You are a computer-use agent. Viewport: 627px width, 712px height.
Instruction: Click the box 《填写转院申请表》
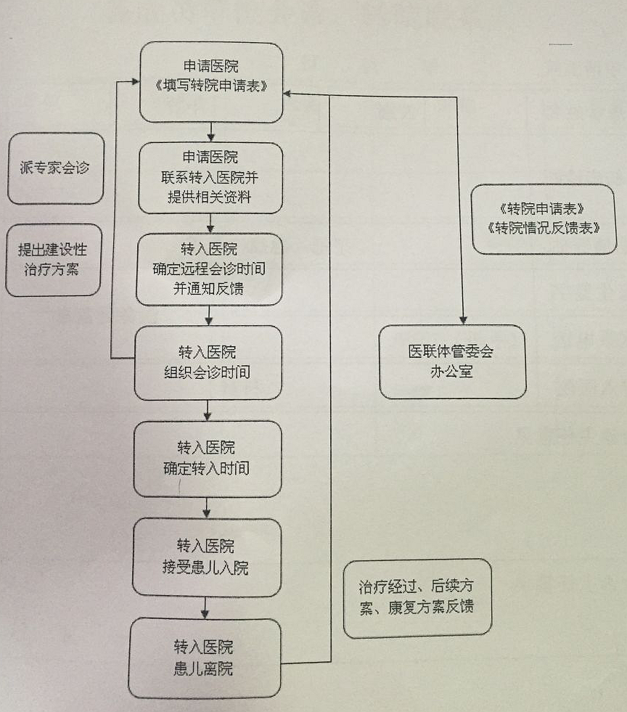(x=211, y=82)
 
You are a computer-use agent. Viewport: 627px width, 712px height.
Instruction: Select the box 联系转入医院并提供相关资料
(x=210, y=178)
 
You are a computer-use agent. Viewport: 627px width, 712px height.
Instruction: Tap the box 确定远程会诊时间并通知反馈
(x=208, y=269)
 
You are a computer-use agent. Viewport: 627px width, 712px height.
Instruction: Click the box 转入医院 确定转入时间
(x=207, y=457)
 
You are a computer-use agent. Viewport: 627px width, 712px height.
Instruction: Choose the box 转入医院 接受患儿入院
(x=206, y=556)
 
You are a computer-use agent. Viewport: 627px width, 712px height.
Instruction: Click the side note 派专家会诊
(x=56, y=168)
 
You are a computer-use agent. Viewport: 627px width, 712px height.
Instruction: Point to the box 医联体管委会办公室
(x=451, y=361)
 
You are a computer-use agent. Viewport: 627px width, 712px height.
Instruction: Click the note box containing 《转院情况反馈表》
(x=544, y=219)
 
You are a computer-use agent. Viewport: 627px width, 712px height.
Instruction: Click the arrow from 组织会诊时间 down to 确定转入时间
(x=208, y=412)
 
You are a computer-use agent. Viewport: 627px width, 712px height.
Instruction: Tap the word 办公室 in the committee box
(x=451, y=372)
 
